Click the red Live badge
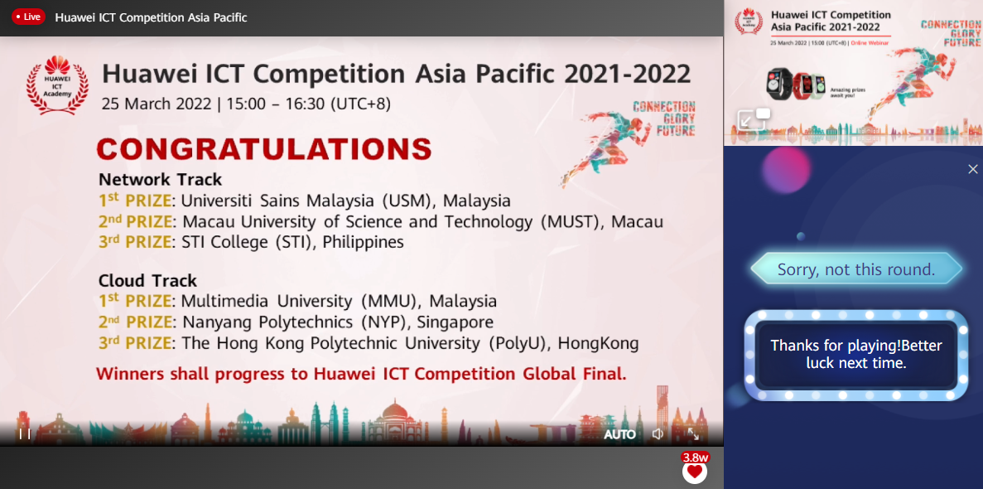click(28, 17)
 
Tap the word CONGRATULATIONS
click(264, 149)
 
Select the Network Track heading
click(161, 179)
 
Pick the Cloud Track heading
click(148, 280)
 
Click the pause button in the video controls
click(25, 433)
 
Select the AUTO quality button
click(619, 434)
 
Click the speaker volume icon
click(658, 434)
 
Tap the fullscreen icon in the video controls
click(693, 434)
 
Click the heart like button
click(695, 471)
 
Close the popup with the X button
click(973, 169)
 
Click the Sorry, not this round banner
click(856, 269)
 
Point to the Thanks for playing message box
click(856, 354)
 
